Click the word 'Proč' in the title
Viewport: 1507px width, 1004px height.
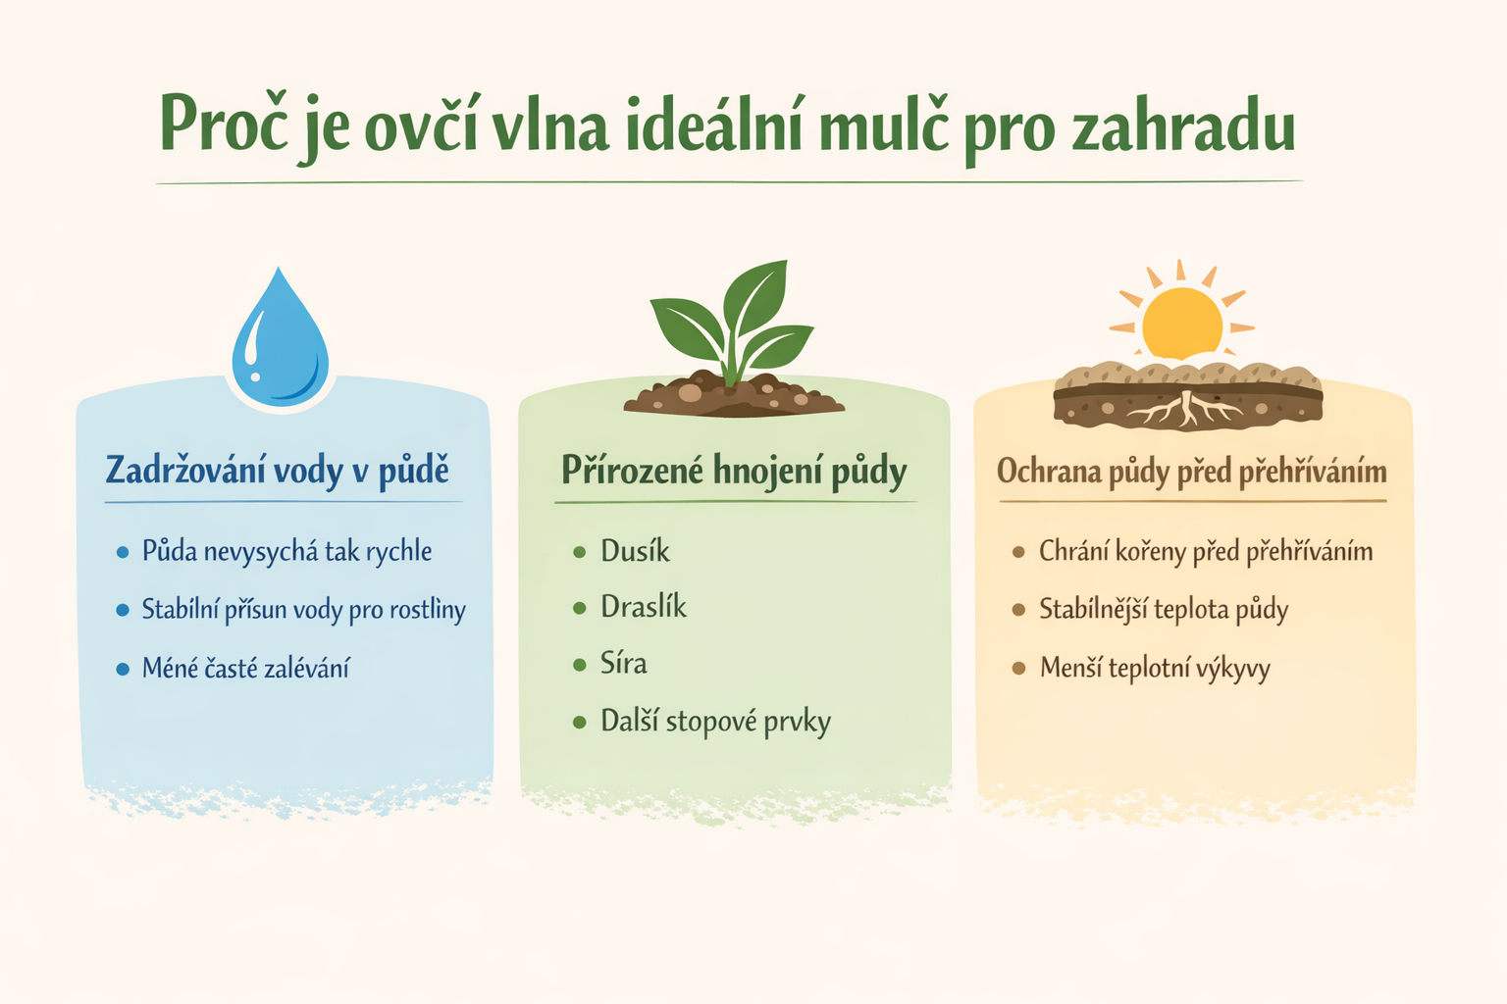pos(223,125)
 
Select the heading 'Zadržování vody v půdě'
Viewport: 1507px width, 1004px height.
pos(277,471)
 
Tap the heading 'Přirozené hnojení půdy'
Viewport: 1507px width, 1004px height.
pos(734,471)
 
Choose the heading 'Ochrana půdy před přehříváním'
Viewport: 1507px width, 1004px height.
pos(1191,472)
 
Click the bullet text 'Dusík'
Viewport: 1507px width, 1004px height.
pos(635,551)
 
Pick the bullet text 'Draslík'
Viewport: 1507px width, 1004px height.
pos(644,608)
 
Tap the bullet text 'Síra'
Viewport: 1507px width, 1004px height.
pos(624,664)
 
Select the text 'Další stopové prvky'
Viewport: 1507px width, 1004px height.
pos(715,723)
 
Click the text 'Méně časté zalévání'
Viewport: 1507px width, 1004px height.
pos(245,669)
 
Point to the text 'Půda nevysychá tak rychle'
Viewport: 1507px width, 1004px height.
pos(286,551)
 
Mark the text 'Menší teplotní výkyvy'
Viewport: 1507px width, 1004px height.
pos(1155,669)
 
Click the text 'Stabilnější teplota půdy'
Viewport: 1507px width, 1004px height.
pos(1164,610)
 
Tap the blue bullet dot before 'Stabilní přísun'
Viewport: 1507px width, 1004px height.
pos(123,611)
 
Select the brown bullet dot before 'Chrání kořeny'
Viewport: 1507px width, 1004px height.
pos(1018,553)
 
